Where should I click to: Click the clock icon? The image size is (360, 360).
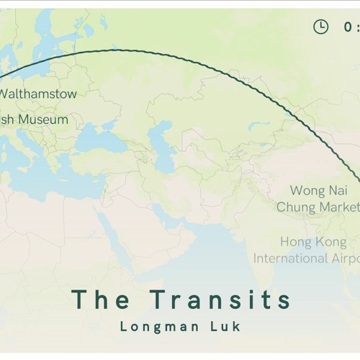coord(320,27)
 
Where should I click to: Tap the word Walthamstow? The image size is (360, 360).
coord(37,94)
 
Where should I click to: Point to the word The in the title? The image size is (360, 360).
coord(101,300)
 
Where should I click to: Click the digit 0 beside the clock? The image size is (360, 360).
coord(348,27)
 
